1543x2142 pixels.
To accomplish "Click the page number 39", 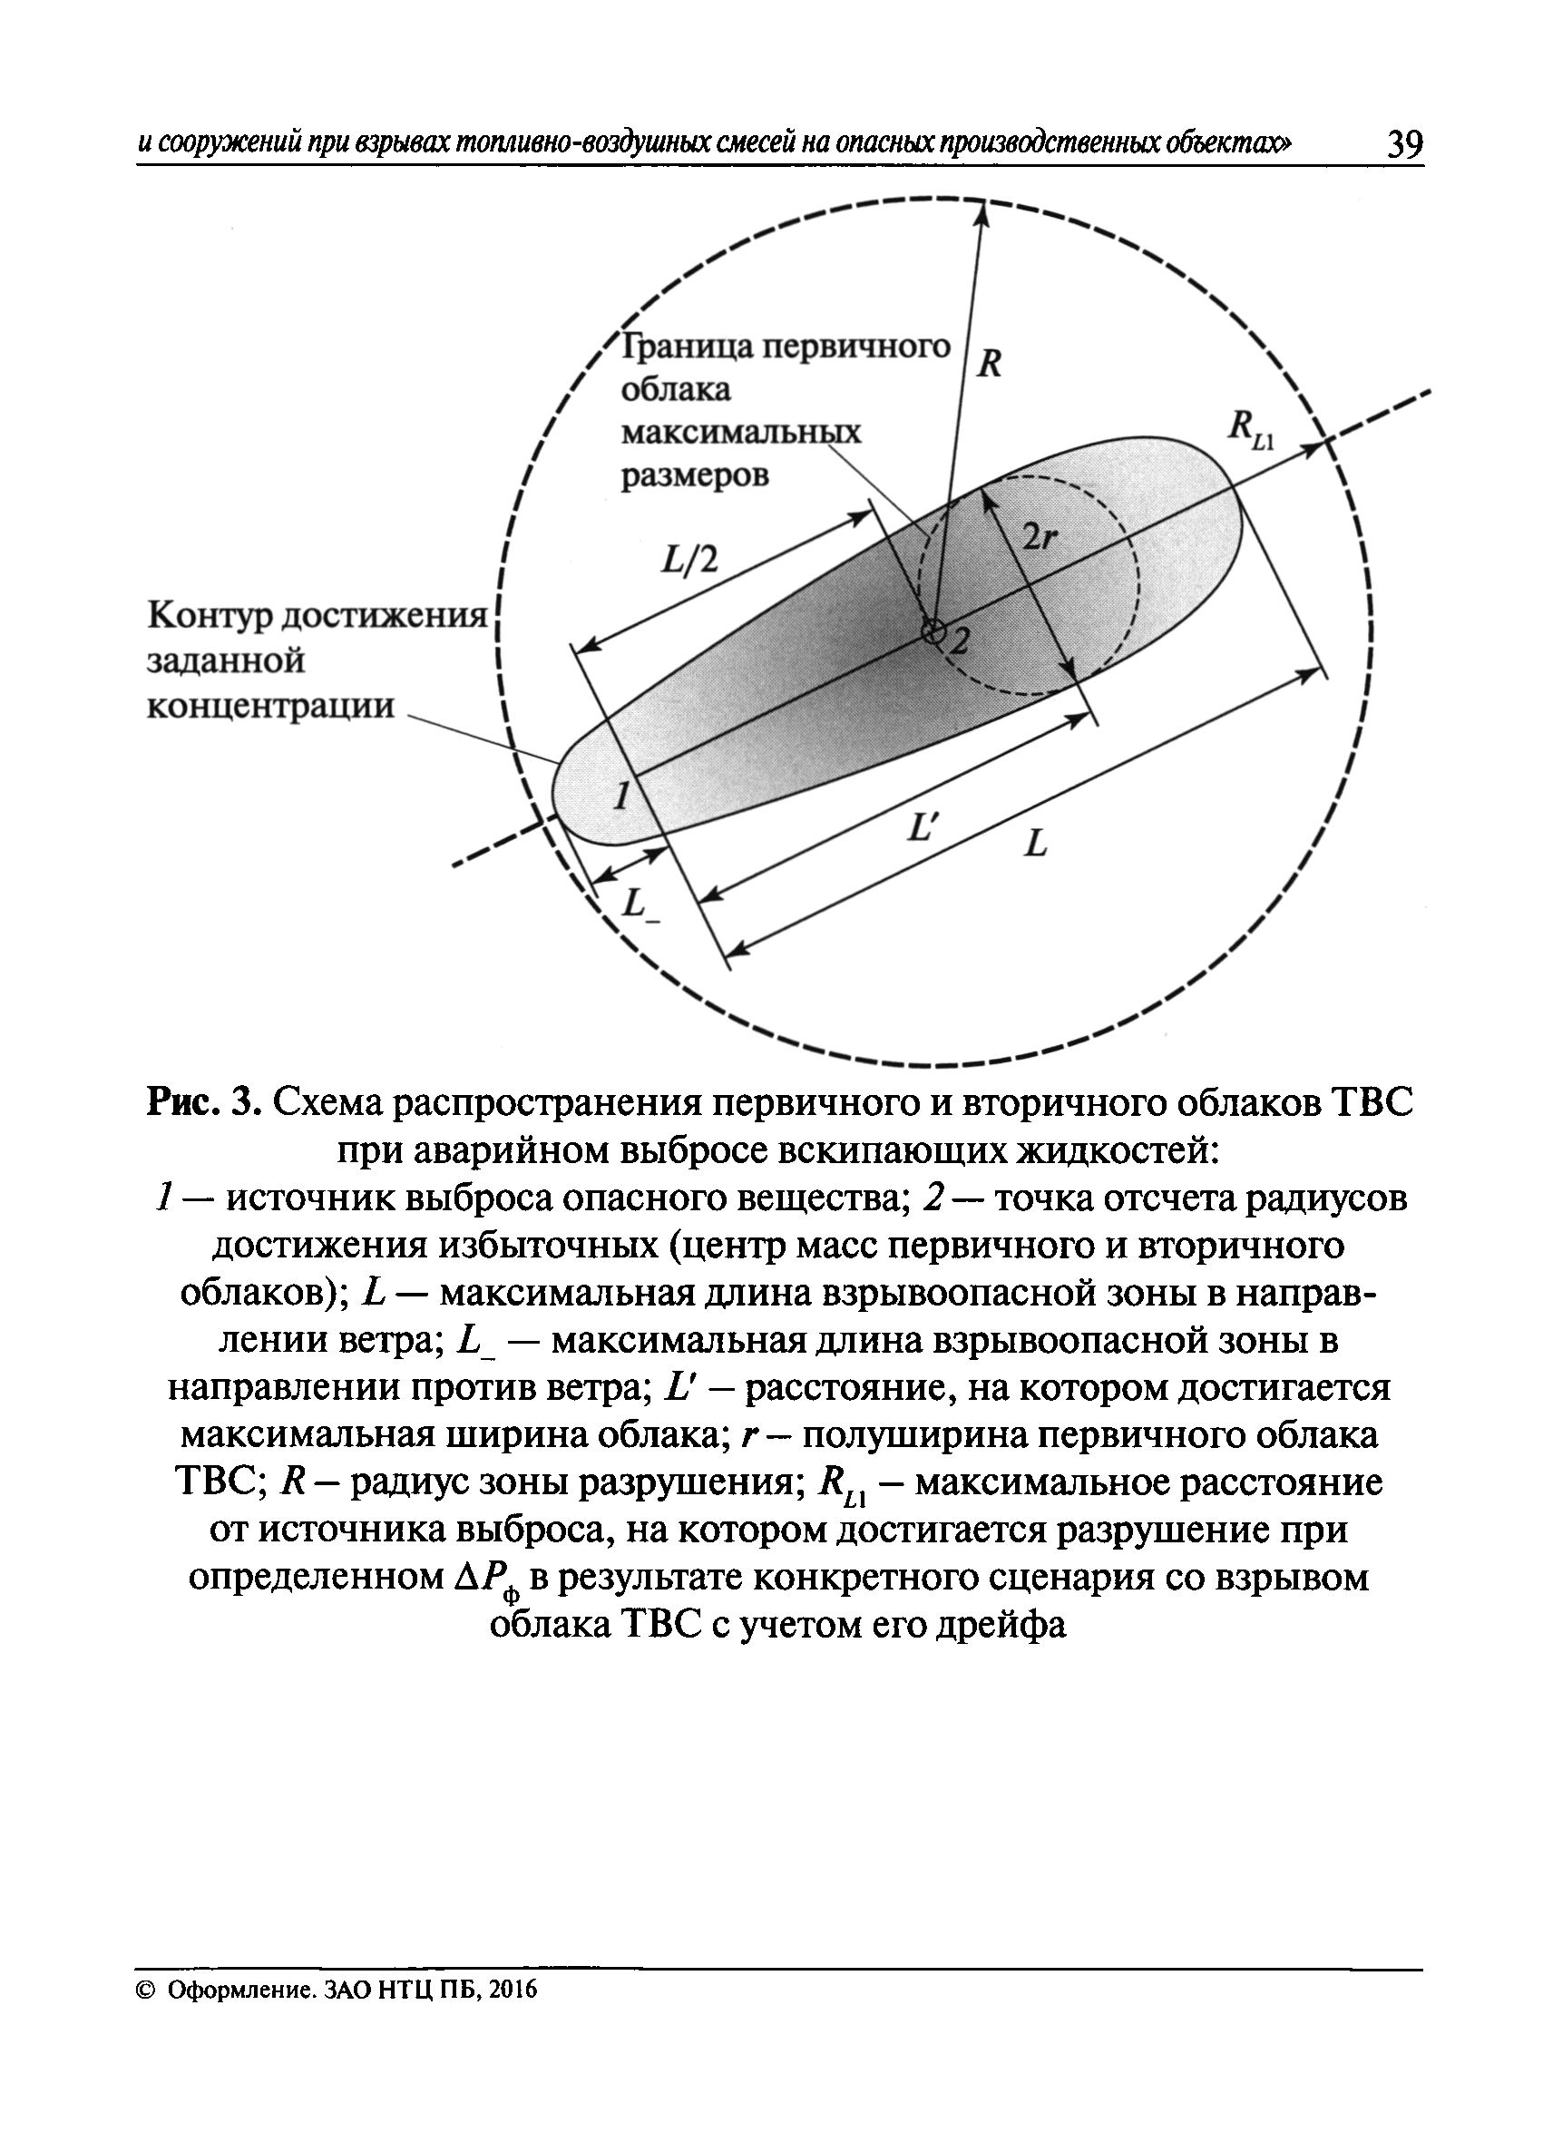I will coord(1404,144).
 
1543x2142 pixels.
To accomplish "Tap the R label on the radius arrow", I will coord(988,364).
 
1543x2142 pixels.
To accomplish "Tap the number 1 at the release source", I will coord(620,797).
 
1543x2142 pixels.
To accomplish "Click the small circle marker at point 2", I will coord(934,631).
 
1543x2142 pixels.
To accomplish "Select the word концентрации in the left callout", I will coord(270,706).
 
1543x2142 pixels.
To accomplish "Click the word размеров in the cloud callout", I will coord(694,475).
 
